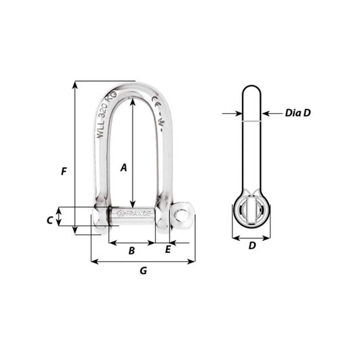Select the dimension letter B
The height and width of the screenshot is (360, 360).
132,251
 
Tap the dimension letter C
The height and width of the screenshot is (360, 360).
50,220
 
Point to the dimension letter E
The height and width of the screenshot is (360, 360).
167,249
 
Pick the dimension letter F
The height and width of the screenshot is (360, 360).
64,171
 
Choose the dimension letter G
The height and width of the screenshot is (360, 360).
143,271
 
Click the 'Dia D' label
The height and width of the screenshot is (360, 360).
297,113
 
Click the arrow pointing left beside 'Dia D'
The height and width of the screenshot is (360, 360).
266,113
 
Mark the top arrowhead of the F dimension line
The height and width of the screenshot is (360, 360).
75,84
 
